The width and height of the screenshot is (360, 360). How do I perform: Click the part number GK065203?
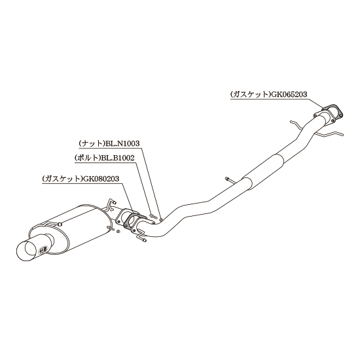point(289,94)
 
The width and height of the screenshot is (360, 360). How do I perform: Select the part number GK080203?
point(101,179)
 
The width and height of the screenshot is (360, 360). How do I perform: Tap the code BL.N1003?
point(122,143)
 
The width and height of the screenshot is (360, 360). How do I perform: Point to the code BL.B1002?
point(118,158)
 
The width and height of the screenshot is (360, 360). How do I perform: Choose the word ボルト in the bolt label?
point(88,158)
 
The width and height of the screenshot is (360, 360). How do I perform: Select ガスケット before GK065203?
point(251,94)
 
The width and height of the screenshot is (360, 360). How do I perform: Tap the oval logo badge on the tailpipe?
point(43,249)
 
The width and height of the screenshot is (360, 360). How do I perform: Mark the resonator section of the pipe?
point(263,172)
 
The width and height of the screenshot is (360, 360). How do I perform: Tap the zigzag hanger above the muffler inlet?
point(111,204)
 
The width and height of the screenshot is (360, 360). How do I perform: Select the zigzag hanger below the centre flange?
point(141,235)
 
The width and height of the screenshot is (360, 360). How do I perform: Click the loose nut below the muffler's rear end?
point(118,232)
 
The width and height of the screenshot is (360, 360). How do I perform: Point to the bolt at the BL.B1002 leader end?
point(153,215)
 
